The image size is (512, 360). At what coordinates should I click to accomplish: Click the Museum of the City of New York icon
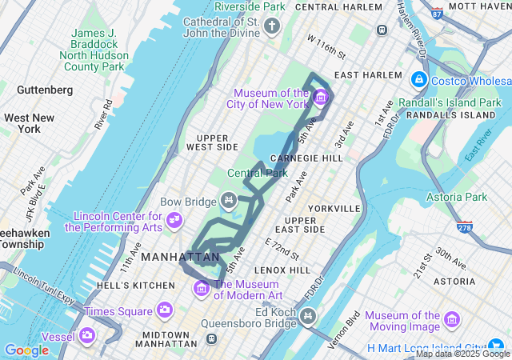tap(321, 98)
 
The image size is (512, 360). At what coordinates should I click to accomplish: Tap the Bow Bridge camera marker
tap(229, 199)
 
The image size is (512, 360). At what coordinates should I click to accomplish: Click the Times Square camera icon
tap(165, 310)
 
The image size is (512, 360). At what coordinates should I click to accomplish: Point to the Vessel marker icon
tap(86, 335)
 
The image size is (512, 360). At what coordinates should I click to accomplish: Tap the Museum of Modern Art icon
tap(202, 288)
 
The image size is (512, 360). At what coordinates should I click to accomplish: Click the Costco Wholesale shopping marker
tap(418, 80)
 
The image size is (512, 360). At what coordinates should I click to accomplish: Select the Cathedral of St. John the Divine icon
tap(272, 27)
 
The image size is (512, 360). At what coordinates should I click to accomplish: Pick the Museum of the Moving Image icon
tap(452, 320)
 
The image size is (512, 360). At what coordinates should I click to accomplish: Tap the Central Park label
tap(257, 173)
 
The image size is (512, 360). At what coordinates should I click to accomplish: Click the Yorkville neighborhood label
tap(334, 208)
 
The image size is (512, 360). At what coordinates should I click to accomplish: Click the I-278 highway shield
tap(465, 227)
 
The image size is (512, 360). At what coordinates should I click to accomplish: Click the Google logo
tap(26, 350)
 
